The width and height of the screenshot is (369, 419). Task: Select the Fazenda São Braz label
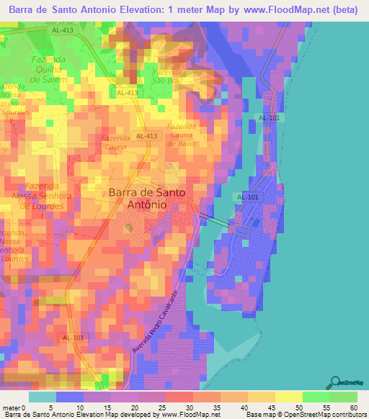coord(166,77)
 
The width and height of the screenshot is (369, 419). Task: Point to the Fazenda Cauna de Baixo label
coord(182,134)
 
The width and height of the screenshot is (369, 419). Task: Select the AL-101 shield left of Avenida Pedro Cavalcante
coord(73,338)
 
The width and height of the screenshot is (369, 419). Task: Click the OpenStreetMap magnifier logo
coord(336,382)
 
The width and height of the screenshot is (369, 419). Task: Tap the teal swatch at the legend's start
coord(43,397)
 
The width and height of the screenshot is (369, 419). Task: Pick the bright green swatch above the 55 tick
coord(316,397)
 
